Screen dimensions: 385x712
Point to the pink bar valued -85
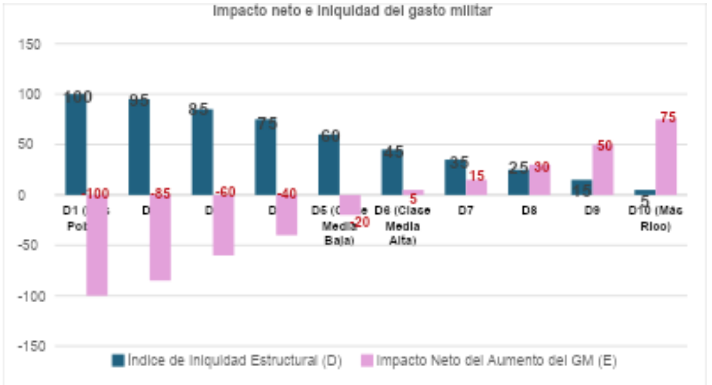pyautogui.click(x=160, y=238)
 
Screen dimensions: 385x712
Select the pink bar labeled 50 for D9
pyautogui.click(x=602, y=170)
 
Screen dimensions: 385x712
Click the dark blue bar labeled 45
pyautogui.click(x=392, y=172)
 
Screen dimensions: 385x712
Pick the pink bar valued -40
pyautogui.click(x=286, y=215)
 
